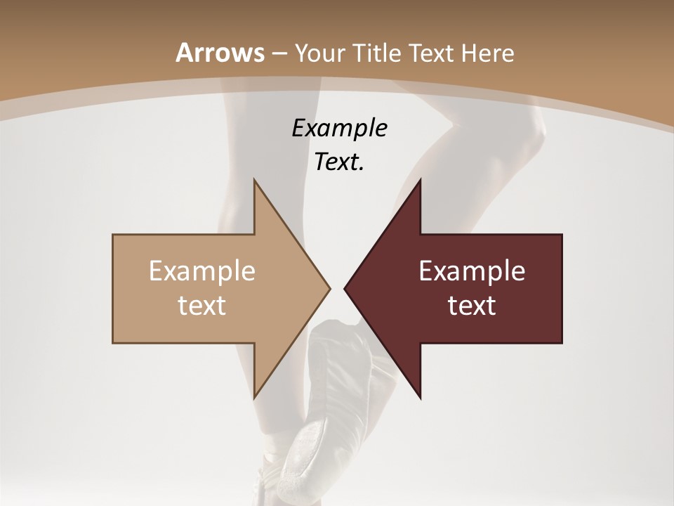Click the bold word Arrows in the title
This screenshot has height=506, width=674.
click(x=220, y=53)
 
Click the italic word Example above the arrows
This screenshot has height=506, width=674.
click(x=339, y=128)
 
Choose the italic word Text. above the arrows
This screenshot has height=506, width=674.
click(x=339, y=162)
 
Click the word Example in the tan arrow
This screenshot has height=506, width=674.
click(x=202, y=271)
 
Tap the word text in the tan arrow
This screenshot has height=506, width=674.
click(x=202, y=305)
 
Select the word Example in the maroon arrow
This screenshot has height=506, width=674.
click(x=472, y=271)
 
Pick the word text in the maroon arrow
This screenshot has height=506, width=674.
click(x=472, y=305)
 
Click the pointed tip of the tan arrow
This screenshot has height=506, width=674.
click(x=329, y=288)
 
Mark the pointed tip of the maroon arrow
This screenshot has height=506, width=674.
click(x=345, y=288)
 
